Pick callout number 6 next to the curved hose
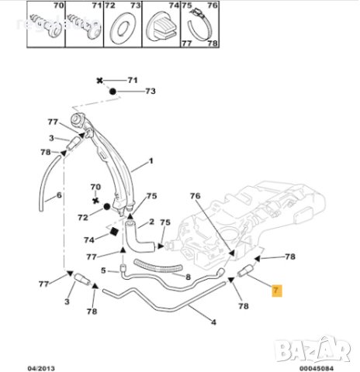(59, 195)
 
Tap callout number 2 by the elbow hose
(151, 221)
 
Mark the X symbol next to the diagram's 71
(99, 81)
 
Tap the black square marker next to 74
(113, 233)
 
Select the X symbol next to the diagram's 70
(95, 200)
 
